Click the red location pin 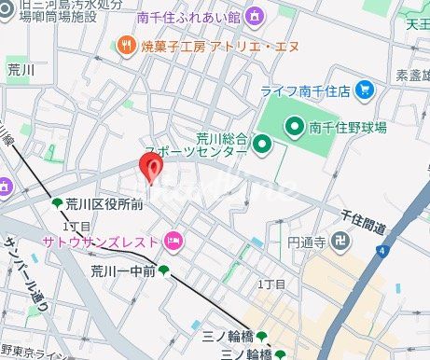(x=151, y=166)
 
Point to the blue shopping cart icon (x=365, y=90)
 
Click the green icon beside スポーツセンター (x=262, y=143)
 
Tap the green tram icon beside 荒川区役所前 (x=57, y=204)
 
